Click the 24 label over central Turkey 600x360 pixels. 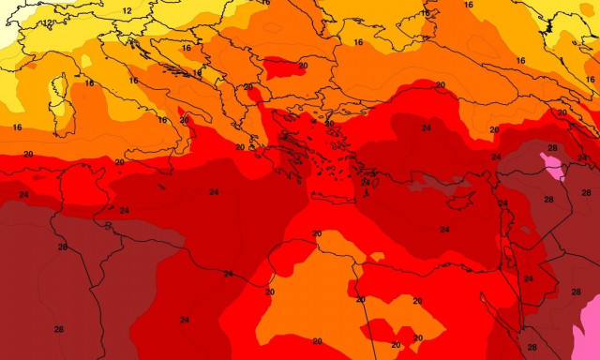(x=427, y=127)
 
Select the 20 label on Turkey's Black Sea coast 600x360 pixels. (x=440, y=85)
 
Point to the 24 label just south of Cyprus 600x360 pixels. (x=444, y=230)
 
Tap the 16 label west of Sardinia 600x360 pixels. (x=17, y=127)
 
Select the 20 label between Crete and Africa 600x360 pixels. (x=317, y=234)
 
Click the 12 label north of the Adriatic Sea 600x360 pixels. (x=127, y=10)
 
